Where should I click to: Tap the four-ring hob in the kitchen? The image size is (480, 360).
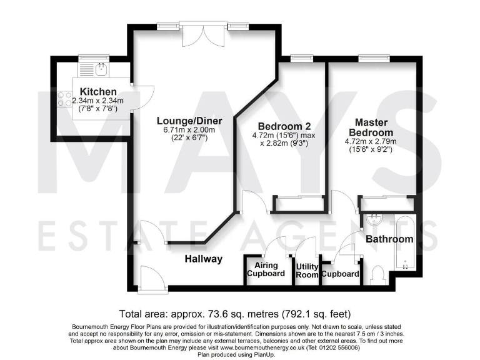click(x=64, y=99)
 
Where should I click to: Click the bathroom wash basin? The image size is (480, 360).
click(x=376, y=222)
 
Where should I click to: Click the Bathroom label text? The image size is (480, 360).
click(x=389, y=239)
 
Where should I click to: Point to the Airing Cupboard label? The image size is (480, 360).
click(x=266, y=269)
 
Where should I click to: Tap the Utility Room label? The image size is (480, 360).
click(x=307, y=270)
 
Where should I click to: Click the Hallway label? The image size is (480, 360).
click(x=203, y=259)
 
